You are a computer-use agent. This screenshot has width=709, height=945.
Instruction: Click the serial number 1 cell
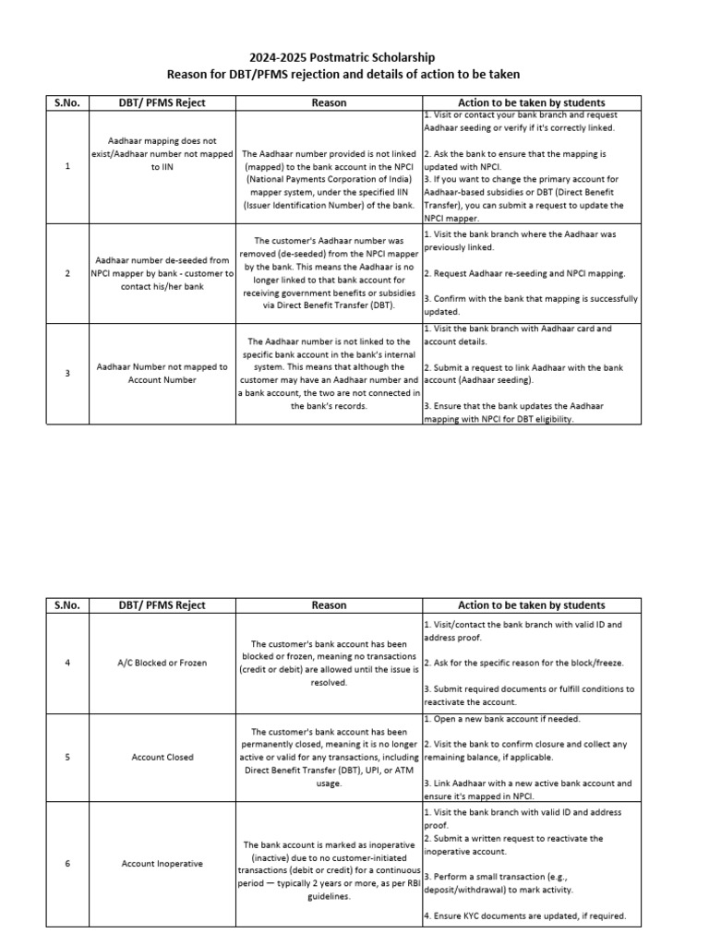(68, 167)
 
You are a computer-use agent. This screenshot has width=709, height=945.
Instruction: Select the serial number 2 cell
(68, 274)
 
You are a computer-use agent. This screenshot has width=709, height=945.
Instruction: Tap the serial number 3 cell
(68, 373)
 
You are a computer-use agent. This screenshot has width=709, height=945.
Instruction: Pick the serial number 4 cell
(68, 663)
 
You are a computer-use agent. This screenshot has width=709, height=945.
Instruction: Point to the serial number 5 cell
(68, 757)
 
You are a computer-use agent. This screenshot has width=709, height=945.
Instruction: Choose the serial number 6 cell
(68, 864)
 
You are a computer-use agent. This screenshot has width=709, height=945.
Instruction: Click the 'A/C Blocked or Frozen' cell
(162, 663)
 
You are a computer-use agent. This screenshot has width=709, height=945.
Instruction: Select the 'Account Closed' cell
(162, 757)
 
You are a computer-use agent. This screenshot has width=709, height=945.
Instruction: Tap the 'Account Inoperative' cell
(162, 864)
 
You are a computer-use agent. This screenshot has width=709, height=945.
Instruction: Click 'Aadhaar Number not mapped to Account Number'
(162, 373)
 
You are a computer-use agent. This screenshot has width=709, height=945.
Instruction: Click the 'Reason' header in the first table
(329, 102)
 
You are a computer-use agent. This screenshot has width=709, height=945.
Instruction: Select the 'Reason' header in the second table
(329, 605)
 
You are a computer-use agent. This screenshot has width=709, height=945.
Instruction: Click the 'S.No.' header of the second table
(68, 605)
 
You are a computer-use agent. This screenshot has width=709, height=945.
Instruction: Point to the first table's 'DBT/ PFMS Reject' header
(162, 102)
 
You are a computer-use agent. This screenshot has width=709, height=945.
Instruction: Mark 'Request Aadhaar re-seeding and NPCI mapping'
(525, 274)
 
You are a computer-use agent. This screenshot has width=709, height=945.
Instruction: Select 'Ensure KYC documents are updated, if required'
(524, 916)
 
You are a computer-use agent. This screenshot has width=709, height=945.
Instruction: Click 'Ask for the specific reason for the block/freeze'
(523, 663)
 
